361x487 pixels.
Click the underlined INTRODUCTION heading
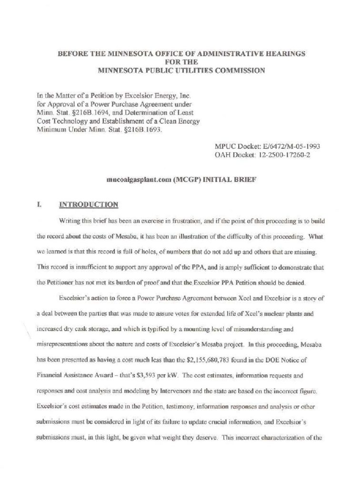[88, 205]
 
